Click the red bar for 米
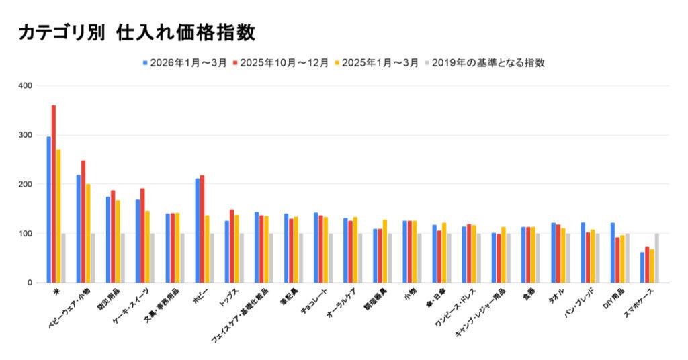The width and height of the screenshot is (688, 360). [54, 195]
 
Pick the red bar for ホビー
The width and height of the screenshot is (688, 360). [202, 228]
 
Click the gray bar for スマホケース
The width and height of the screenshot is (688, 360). [657, 258]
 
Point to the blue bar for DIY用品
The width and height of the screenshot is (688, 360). [613, 253]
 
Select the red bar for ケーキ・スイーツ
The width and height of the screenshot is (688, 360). [142, 235]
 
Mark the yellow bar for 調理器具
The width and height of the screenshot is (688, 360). [385, 251]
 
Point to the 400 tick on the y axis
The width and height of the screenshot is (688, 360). [26, 86]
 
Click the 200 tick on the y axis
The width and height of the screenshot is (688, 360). [26, 184]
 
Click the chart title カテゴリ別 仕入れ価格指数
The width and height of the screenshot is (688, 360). [137, 32]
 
